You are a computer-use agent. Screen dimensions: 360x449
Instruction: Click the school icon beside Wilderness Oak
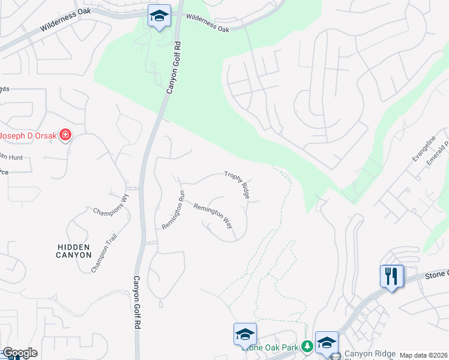click(x=159, y=16)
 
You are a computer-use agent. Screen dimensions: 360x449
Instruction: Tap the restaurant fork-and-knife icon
click(x=391, y=277)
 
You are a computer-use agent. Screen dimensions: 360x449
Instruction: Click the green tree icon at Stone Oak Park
click(x=307, y=346)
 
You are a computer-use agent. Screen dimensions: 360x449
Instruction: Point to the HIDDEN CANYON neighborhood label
click(x=73, y=251)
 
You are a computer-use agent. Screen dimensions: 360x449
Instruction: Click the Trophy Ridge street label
click(x=237, y=184)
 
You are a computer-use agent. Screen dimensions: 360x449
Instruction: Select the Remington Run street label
click(x=172, y=209)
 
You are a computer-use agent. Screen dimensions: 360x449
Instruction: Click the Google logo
click(x=19, y=353)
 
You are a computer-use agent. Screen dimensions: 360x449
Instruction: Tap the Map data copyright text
click(x=423, y=355)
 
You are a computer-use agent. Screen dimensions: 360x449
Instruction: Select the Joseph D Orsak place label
click(x=28, y=136)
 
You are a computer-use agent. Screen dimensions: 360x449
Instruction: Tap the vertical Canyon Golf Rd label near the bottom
click(x=136, y=302)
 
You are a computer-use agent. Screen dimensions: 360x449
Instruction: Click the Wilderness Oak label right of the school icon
click(x=208, y=23)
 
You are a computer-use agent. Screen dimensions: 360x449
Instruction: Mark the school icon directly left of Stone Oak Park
click(x=245, y=334)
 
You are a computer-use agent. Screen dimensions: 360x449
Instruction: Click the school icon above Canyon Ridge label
click(x=327, y=343)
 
